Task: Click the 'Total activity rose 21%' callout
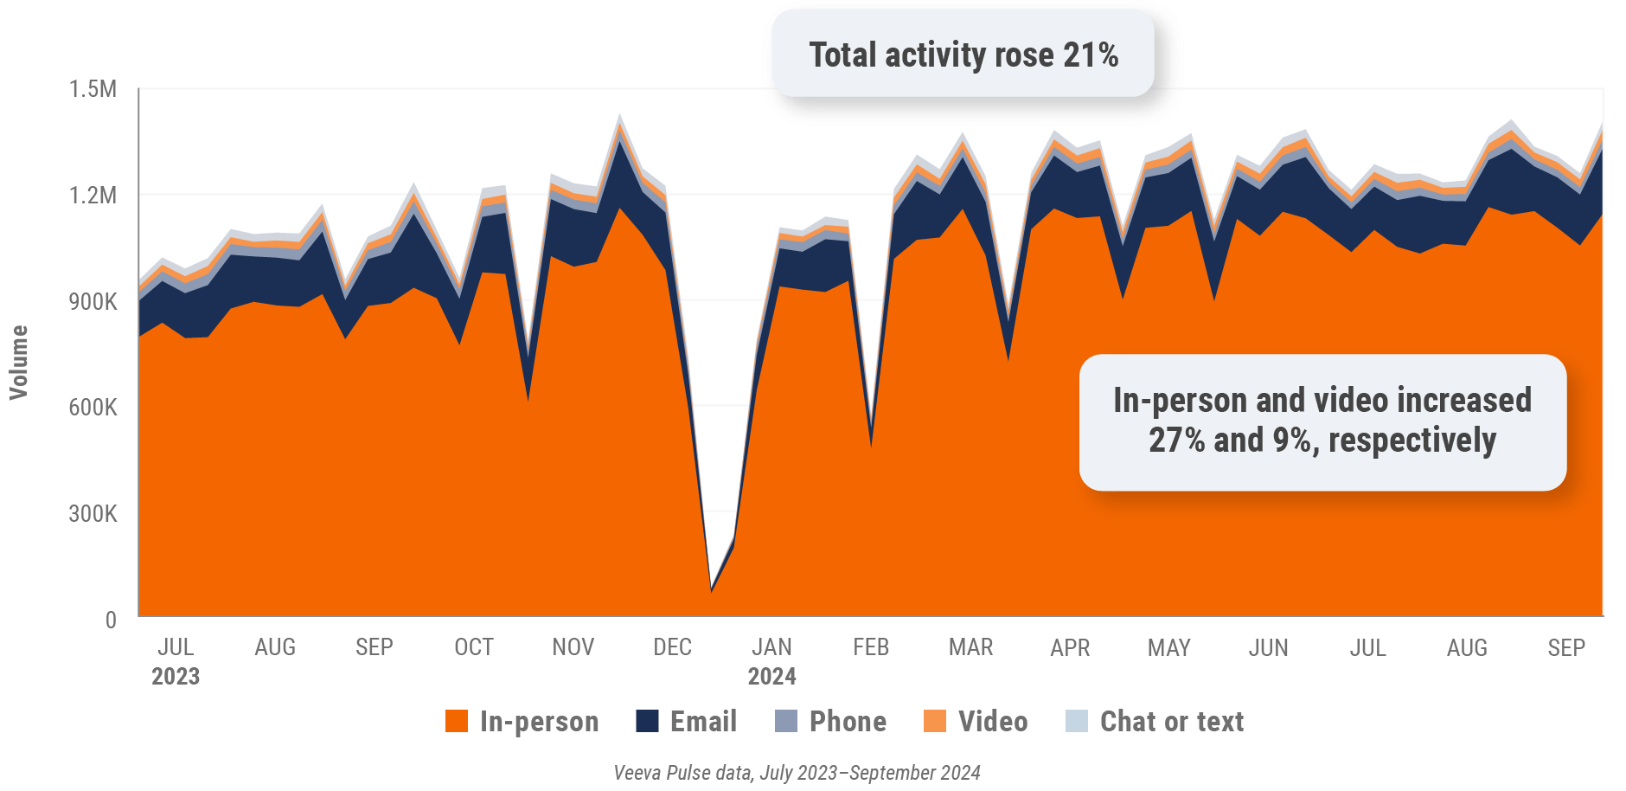(x=963, y=55)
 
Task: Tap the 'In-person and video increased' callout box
(x=1322, y=421)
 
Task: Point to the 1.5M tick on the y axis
(x=93, y=89)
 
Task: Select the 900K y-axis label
(x=93, y=302)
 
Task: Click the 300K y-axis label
(x=93, y=514)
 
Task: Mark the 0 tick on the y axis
(x=111, y=620)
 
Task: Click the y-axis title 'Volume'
(x=19, y=362)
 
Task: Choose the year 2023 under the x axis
(x=176, y=677)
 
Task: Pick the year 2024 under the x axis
(x=771, y=677)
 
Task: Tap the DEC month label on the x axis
(x=672, y=647)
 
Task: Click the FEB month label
(x=871, y=647)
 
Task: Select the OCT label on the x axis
(x=474, y=647)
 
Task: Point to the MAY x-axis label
(x=1168, y=647)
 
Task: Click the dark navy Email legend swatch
(x=647, y=721)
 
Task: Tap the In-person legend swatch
(x=457, y=721)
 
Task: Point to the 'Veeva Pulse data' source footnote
(x=797, y=773)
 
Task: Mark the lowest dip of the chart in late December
(x=711, y=591)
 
